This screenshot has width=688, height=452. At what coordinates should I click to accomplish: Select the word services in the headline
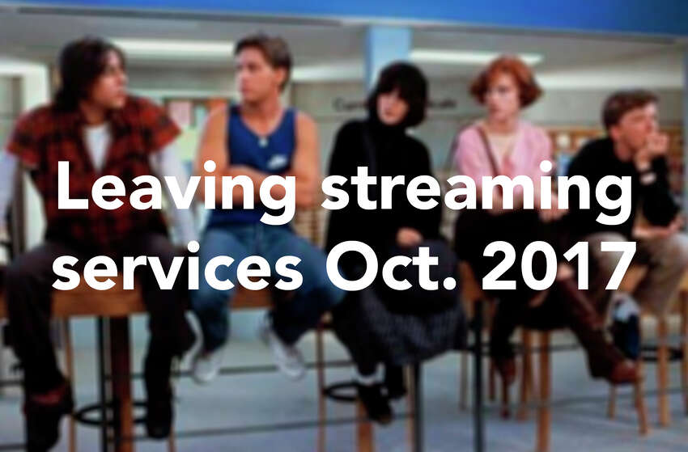[177, 265]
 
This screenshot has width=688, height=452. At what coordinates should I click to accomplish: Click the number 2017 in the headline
[558, 266]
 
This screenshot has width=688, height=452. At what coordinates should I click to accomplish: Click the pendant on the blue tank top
[263, 142]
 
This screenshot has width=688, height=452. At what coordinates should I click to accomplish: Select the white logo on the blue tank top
[278, 163]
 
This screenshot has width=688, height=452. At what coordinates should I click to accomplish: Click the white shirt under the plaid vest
[97, 145]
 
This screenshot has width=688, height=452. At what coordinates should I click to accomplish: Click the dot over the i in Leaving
[210, 167]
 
